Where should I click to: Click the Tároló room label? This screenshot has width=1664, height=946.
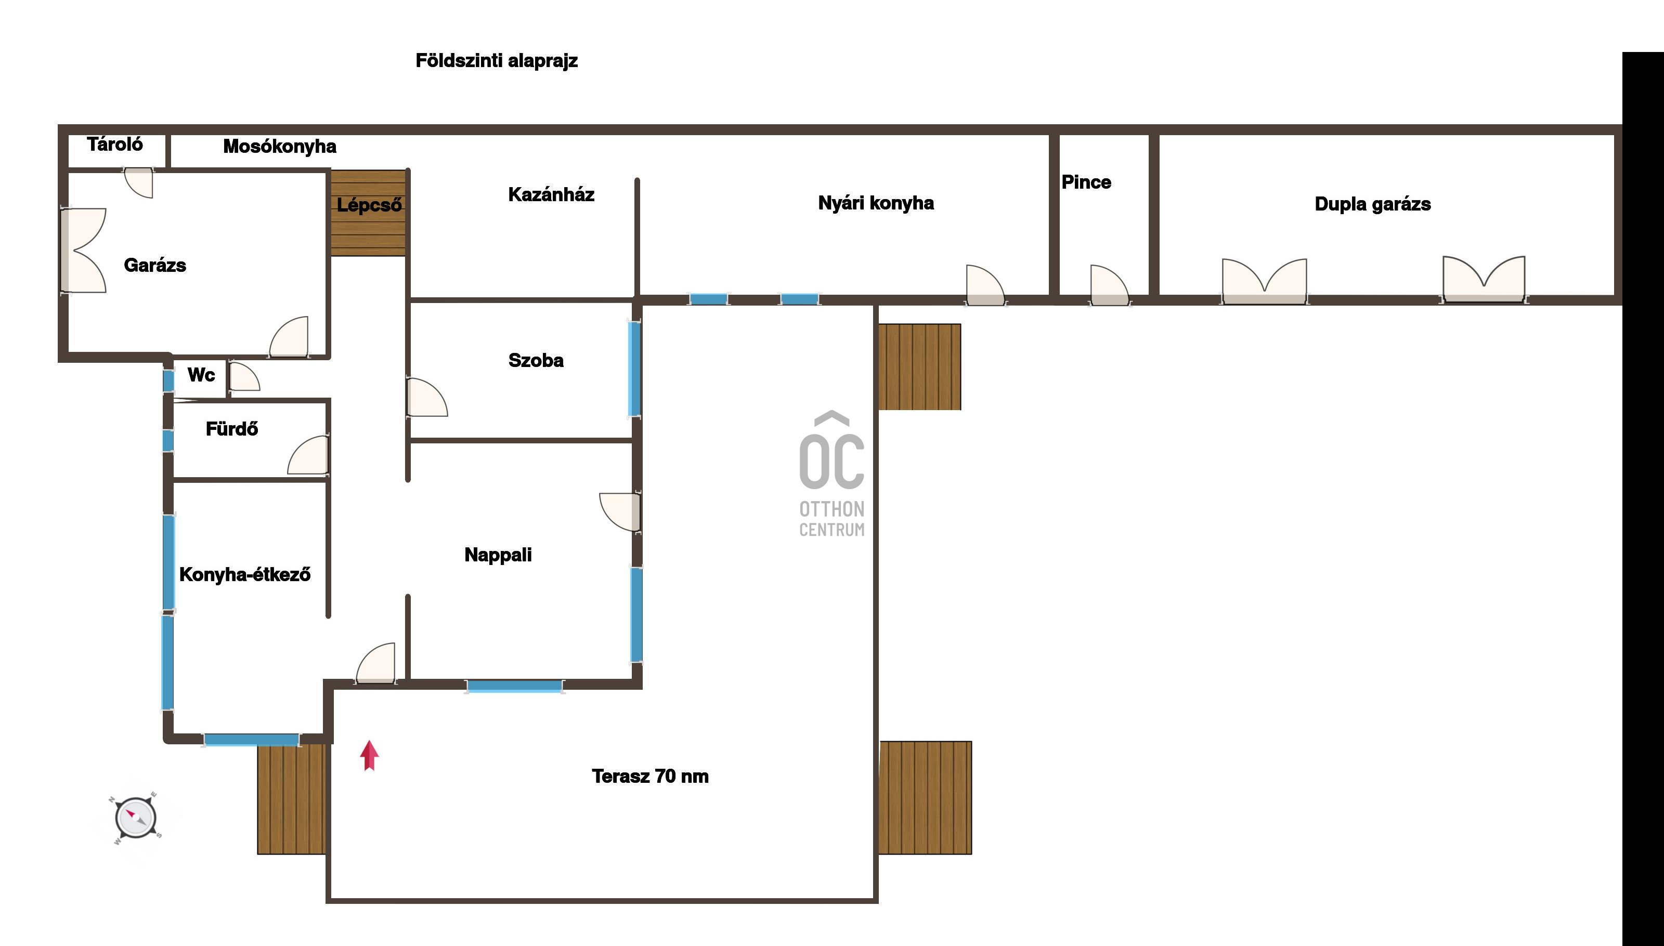click(x=115, y=144)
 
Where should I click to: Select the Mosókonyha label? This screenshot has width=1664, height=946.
click(x=280, y=147)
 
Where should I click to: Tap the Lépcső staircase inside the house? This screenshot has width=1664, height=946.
click(x=369, y=213)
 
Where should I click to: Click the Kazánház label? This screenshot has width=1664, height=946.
click(x=551, y=194)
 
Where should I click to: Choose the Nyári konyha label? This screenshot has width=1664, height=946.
click(x=876, y=203)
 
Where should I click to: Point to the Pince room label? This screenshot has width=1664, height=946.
click(x=1086, y=182)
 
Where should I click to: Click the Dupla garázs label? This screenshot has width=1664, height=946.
click(x=1372, y=204)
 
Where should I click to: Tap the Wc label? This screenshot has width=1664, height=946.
click(x=201, y=375)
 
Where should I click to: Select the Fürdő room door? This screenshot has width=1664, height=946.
click(x=308, y=455)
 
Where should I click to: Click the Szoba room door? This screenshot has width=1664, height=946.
click(x=426, y=397)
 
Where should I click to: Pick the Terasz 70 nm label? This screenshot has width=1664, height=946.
click(x=650, y=777)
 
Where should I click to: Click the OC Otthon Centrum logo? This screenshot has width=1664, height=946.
click(x=832, y=474)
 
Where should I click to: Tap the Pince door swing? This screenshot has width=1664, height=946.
click(x=1110, y=285)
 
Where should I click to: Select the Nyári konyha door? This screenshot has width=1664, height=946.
click(x=985, y=285)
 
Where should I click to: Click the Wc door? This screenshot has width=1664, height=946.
click(x=244, y=376)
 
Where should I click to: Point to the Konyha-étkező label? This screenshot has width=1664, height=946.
click(x=245, y=575)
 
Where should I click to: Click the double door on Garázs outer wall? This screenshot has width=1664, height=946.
click(x=83, y=250)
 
